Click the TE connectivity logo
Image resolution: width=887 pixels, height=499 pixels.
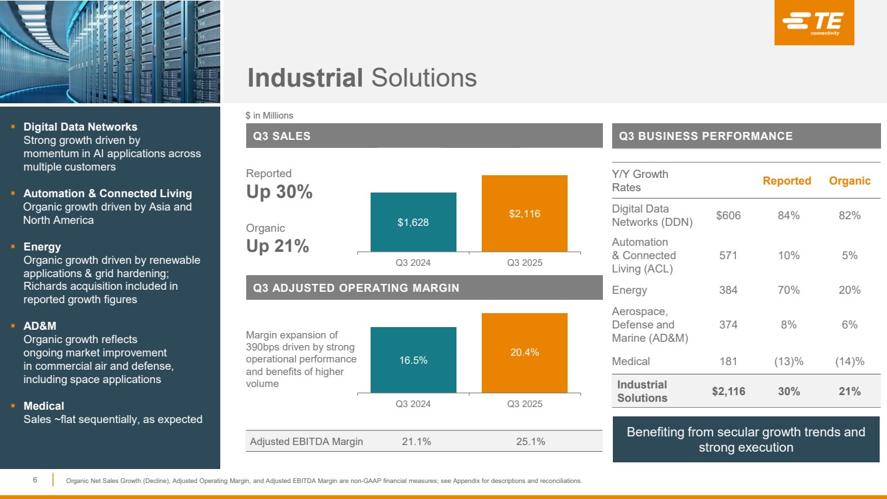[814, 23]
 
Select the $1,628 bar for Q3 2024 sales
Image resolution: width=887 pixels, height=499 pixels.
[413, 222]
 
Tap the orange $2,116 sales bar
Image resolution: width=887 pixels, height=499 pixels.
[524, 213]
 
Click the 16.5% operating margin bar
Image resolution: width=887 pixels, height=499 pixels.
[413, 360]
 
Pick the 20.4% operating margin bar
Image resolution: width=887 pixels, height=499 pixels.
[524, 352]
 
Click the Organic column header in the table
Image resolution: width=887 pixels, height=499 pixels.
[850, 181]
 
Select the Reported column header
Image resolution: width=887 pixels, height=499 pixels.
[787, 181]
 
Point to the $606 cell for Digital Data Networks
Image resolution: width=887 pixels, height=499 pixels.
[728, 215]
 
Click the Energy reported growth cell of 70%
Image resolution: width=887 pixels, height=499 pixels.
[789, 290]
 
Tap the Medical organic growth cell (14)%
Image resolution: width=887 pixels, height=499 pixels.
[850, 361]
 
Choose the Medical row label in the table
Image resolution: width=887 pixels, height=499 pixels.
[631, 361]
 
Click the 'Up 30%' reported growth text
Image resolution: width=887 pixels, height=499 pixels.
[279, 192]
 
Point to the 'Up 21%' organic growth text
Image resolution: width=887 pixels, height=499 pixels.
[277, 246]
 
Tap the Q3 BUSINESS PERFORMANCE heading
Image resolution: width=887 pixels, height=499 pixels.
[706, 136]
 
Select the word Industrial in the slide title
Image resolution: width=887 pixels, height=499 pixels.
[305, 78]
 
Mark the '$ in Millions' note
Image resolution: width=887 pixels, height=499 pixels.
[269, 116]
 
